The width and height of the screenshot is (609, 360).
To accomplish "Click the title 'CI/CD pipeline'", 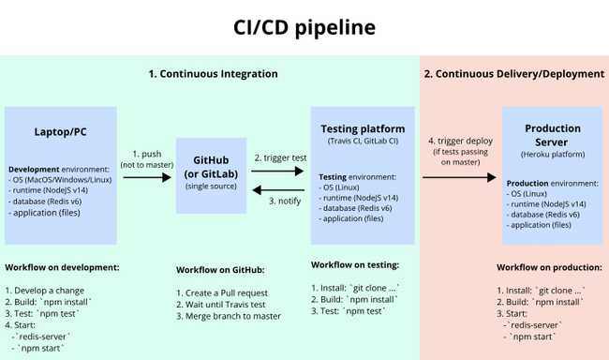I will [304, 27].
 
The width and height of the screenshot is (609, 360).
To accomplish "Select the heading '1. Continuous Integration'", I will [214, 73].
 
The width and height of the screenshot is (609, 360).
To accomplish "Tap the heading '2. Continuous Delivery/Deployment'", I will [514, 73].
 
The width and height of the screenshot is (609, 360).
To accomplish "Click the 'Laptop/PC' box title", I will [61, 131].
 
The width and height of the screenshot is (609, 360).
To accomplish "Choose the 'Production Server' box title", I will [552, 135].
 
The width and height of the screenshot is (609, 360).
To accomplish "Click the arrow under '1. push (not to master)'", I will [147, 175].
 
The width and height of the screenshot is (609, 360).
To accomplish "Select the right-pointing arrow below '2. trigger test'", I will [278, 171].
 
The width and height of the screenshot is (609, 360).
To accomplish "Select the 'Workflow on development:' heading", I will [62, 267].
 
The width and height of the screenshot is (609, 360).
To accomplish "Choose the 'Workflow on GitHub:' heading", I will [220, 270].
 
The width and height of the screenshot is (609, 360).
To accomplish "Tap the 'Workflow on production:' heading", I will [550, 267].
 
